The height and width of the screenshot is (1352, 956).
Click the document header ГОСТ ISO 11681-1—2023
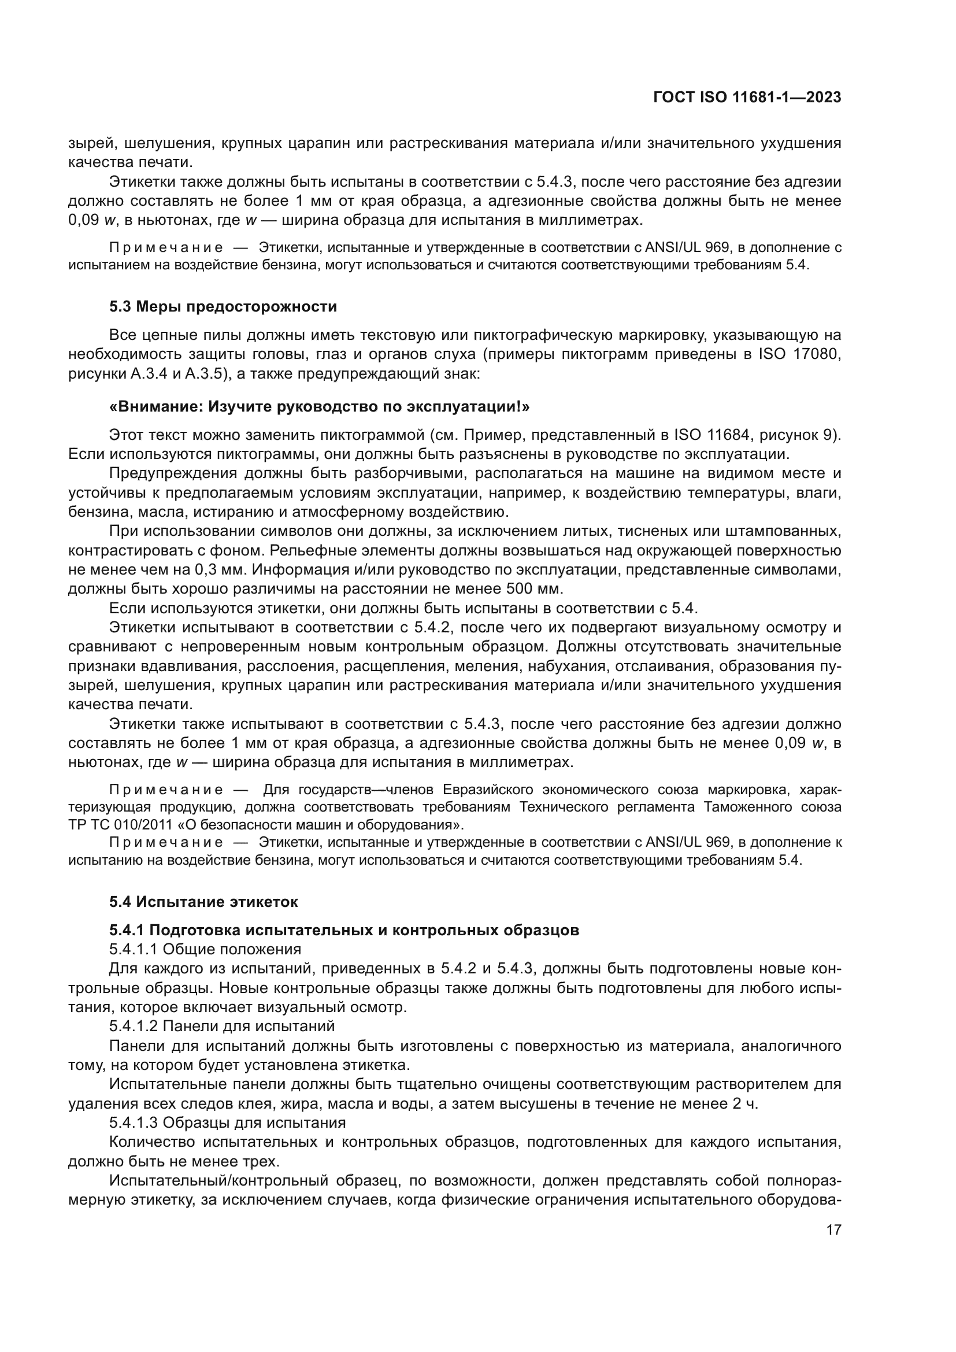click(x=746, y=97)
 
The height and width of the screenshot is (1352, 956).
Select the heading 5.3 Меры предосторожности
click(x=223, y=307)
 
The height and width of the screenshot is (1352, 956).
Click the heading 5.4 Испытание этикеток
click(x=203, y=902)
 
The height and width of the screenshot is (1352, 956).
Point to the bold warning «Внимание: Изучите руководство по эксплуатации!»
click(x=320, y=406)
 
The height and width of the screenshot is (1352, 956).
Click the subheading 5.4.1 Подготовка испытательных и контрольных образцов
click(x=344, y=931)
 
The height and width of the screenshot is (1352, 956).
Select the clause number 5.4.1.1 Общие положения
click(x=205, y=949)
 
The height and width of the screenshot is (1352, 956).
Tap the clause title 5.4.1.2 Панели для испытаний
click(x=221, y=1026)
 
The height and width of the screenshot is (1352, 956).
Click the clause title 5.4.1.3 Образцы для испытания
click(x=227, y=1122)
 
